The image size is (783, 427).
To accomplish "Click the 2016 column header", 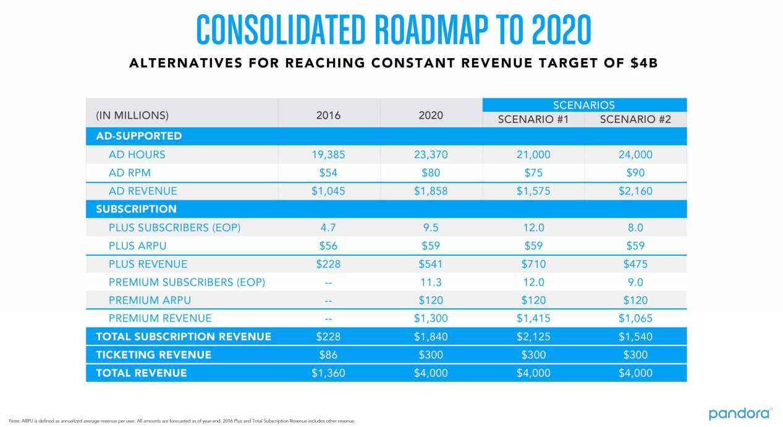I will pyautogui.click(x=328, y=116).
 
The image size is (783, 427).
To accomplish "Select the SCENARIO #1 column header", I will pyautogui.click(x=533, y=120).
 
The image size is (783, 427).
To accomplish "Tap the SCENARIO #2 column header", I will pyautogui.click(x=635, y=120).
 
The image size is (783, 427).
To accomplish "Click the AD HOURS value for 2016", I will pyautogui.click(x=328, y=154).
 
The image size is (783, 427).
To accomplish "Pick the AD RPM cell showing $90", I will pyautogui.click(x=635, y=173).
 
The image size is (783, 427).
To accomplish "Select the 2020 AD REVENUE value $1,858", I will pyautogui.click(x=431, y=192).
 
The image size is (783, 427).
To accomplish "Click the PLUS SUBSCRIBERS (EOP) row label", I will pyautogui.click(x=174, y=228).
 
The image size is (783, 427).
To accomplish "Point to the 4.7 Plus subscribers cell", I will pyautogui.click(x=328, y=228).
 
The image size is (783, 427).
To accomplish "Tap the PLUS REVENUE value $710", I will pyautogui.click(x=533, y=264).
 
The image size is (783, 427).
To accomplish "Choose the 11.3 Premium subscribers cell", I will pyautogui.click(x=431, y=282).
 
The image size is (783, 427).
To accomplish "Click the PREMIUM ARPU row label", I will pyautogui.click(x=150, y=300).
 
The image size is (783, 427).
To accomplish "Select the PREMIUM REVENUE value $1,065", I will pyautogui.click(x=635, y=319).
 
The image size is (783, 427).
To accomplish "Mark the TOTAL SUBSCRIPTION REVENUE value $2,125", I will pyautogui.click(x=533, y=337).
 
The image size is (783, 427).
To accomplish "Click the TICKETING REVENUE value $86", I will pyautogui.click(x=328, y=355).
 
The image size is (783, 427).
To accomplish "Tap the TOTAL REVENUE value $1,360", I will pyautogui.click(x=328, y=373).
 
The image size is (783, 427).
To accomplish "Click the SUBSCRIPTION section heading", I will pyautogui.click(x=136, y=209).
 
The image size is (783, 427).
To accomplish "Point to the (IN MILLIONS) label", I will pyautogui.click(x=132, y=116).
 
